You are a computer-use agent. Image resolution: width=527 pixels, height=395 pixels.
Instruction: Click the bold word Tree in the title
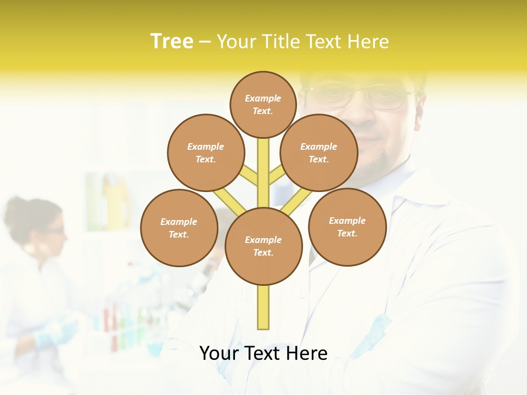(x=172, y=42)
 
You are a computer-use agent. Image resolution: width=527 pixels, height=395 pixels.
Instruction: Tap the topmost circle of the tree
(x=263, y=104)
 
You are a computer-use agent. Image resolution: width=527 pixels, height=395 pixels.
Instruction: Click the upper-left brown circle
(x=206, y=153)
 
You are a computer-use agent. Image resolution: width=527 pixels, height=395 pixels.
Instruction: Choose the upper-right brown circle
(x=319, y=153)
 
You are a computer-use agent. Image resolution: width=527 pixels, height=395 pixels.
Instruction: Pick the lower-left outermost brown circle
(x=179, y=228)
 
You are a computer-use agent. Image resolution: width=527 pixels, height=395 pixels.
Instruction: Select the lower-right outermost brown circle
(x=347, y=227)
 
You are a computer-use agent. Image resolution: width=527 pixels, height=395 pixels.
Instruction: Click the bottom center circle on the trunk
(x=263, y=246)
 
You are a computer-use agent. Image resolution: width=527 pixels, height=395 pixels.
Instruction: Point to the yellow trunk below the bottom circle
(x=263, y=307)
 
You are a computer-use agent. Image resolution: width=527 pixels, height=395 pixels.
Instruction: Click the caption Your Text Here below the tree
(x=263, y=353)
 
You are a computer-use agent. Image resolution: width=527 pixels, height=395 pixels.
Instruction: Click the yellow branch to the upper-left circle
(x=250, y=176)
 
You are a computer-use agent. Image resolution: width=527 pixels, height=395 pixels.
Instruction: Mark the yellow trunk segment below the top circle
(x=263, y=170)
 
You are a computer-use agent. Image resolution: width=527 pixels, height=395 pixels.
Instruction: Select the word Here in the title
(x=368, y=42)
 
